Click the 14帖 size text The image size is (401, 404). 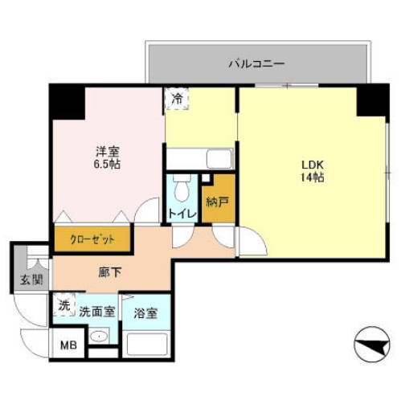pos(312,178)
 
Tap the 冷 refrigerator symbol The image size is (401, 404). pos(176,98)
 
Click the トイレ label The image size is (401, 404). pos(179,214)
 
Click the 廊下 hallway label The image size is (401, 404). pos(110,273)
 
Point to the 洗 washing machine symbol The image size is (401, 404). pos(63,306)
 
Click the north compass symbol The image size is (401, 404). pos(370,345)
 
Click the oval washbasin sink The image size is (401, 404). pos(97,337)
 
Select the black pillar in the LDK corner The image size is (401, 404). pos(372,100)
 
